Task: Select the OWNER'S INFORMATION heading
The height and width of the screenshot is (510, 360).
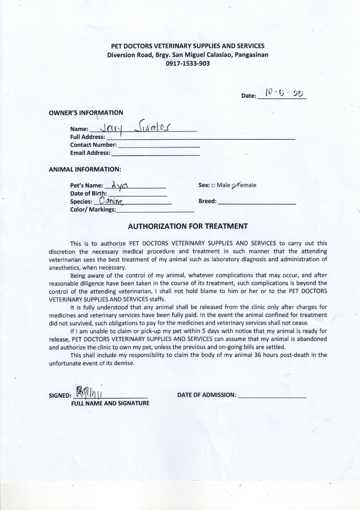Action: (86, 113)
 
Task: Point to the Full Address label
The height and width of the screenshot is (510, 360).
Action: (87, 137)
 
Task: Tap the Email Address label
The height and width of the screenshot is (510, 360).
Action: (90, 153)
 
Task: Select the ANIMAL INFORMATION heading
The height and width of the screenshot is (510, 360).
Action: (85, 169)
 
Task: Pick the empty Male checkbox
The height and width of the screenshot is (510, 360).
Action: (214, 186)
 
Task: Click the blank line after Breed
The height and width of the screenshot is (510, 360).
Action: (257, 203)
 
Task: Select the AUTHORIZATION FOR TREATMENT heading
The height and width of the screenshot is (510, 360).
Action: (188, 226)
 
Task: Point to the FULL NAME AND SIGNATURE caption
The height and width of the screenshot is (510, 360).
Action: (110, 403)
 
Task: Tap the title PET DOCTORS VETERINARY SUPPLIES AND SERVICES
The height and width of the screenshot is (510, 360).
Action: (188, 46)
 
